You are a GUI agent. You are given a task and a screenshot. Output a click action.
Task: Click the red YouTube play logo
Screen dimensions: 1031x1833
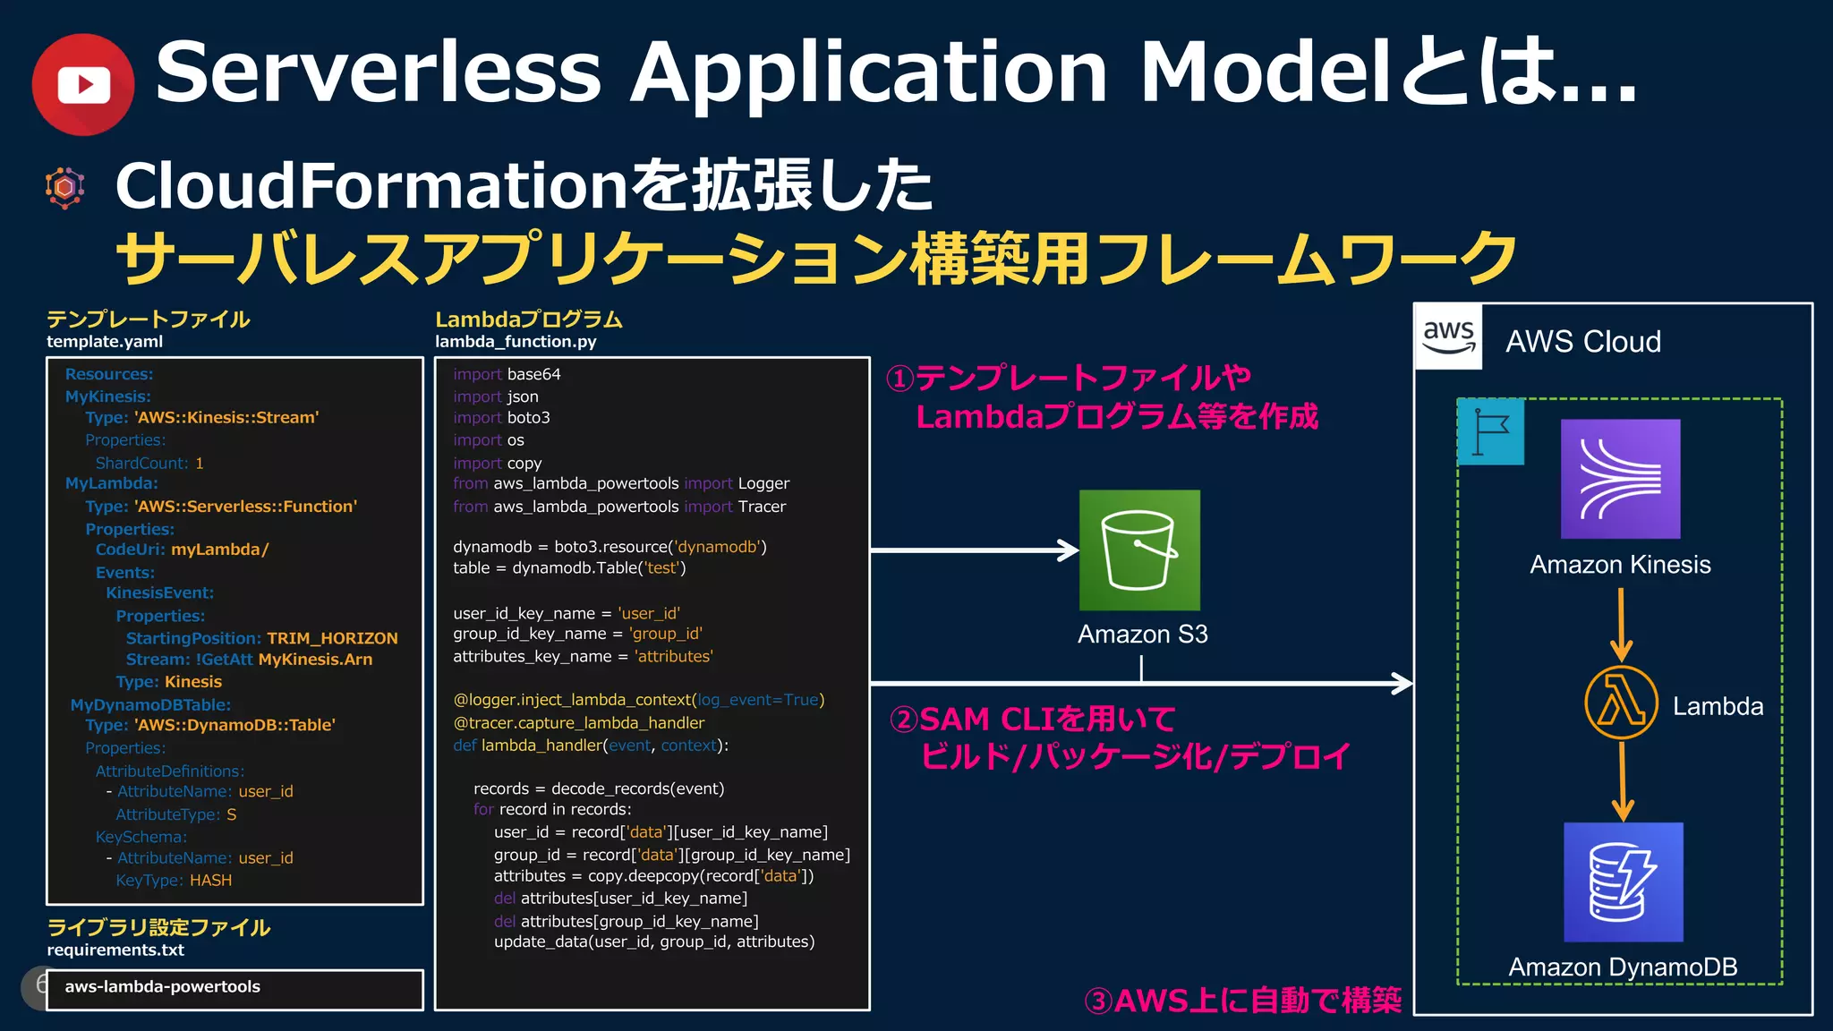point(82,85)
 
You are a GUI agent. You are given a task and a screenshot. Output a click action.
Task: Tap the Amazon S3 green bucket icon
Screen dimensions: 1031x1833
point(1139,550)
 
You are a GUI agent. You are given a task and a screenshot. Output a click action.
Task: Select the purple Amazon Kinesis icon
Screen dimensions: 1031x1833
point(1620,479)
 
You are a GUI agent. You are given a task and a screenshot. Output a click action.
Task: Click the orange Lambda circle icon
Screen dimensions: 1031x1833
point(1621,703)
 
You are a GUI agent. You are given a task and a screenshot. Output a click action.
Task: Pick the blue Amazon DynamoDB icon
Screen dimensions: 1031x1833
point(1623,882)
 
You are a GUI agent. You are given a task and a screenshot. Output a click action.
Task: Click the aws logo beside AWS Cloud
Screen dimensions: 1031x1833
point(1448,337)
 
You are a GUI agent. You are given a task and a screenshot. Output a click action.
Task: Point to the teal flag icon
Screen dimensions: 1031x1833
point(1490,431)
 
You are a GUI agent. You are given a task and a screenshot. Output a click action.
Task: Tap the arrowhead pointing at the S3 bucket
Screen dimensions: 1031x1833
point(1069,550)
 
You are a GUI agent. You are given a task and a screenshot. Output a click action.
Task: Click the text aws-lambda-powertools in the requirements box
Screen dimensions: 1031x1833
point(162,986)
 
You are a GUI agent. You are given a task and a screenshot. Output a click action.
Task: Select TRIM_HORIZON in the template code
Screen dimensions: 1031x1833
point(332,638)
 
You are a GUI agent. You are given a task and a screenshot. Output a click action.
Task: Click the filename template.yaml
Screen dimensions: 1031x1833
point(105,341)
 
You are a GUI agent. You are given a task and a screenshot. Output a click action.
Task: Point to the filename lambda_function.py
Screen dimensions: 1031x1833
point(516,341)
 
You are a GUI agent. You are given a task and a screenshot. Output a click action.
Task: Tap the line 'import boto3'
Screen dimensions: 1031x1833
point(501,418)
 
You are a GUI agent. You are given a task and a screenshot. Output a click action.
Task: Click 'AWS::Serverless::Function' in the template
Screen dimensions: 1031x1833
point(245,507)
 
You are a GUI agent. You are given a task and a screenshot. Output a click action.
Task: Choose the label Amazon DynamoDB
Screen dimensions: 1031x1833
point(1622,967)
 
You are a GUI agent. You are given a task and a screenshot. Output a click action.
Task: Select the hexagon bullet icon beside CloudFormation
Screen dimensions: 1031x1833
point(64,187)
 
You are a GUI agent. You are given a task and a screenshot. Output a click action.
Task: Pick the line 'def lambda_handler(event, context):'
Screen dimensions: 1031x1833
point(590,746)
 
